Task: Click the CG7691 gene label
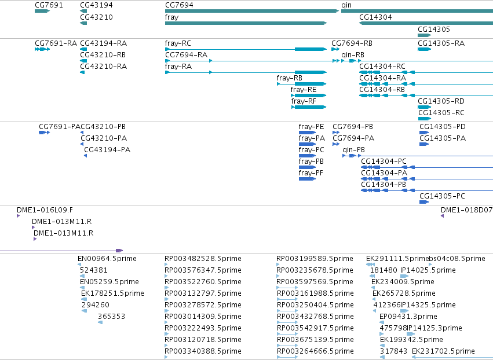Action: click(x=49, y=5)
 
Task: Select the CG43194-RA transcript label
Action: click(x=104, y=43)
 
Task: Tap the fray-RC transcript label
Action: click(x=178, y=43)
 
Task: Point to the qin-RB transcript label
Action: click(x=353, y=55)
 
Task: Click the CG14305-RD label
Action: click(x=441, y=101)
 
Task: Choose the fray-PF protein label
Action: click(x=311, y=173)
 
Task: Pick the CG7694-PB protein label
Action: click(x=353, y=127)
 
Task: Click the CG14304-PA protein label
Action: click(x=384, y=173)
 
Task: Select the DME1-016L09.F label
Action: click(x=45, y=210)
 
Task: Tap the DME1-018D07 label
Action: click(x=466, y=210)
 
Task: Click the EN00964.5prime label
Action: click(x=107, y=259)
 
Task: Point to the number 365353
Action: click(x=111, y=317)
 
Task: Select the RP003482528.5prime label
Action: click(x=203, y=259)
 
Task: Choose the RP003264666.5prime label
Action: click(x=315, y=351)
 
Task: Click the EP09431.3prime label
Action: click(x=408, y=317)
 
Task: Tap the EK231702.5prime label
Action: click(x=443, y=351)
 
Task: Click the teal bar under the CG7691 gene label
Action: click(x=42, y=11)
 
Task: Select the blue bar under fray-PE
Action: click(x=307, y=133)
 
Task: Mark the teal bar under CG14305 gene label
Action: click(x=425, y=35)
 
